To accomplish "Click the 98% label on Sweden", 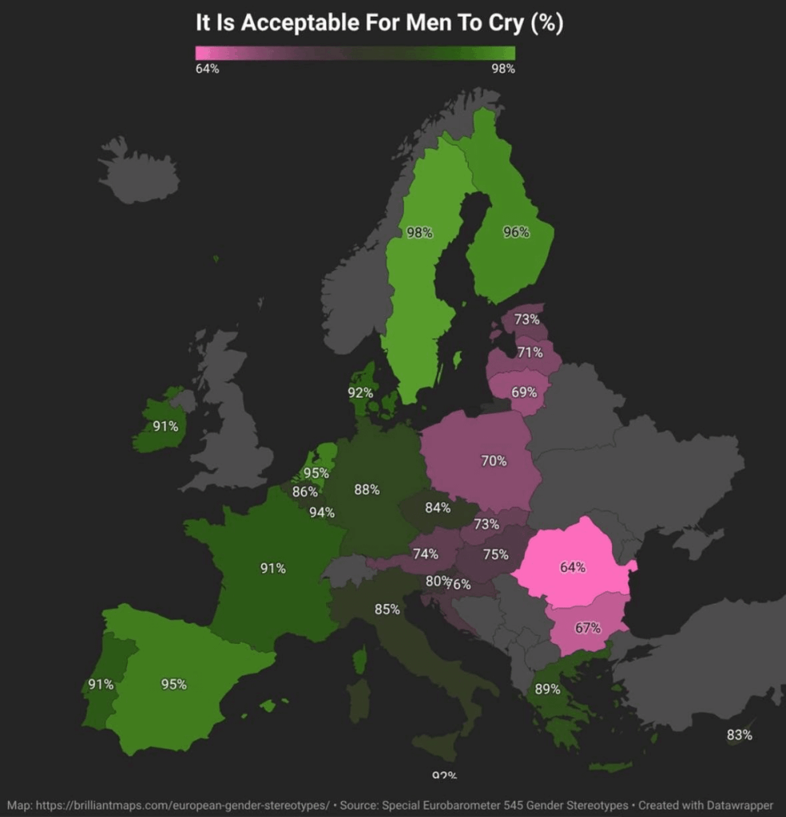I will pyautogui.click(x=419, y=233).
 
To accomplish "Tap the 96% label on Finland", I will pyautogui.click(x=516, y=232).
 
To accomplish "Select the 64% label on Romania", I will pyautogui.click(x=573, y=567).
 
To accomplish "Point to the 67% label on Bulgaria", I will pyautogui.click(x=588, y=627).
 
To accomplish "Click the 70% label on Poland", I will pyautogui.click(x=494, y=460).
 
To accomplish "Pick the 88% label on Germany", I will pyautogui.click(x=367, y=489).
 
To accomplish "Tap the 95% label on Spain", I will pyautogui.click(x=173, y=684).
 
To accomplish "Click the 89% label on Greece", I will pyautogui.click(x=547, y=689).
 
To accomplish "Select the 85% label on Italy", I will pyautogui.click(x=387, y=610).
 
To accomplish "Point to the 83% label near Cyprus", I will pyautogui.click(x=740, y=735).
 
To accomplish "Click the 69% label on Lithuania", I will pyautogui.click(x=524, y=392).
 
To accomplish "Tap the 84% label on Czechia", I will pyautogui.click(x=438, y=507).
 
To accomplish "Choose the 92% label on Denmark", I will pyautogui.click(x=360, y=393).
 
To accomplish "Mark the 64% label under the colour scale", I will pyautogui.click(x=207, y=69).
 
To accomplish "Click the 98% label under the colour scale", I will pyautogui.click(x=503, y=69).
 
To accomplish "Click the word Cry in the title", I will pyautogui.click(x=508, y=23).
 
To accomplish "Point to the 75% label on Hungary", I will pyautogui.click(x=495, y=555).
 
